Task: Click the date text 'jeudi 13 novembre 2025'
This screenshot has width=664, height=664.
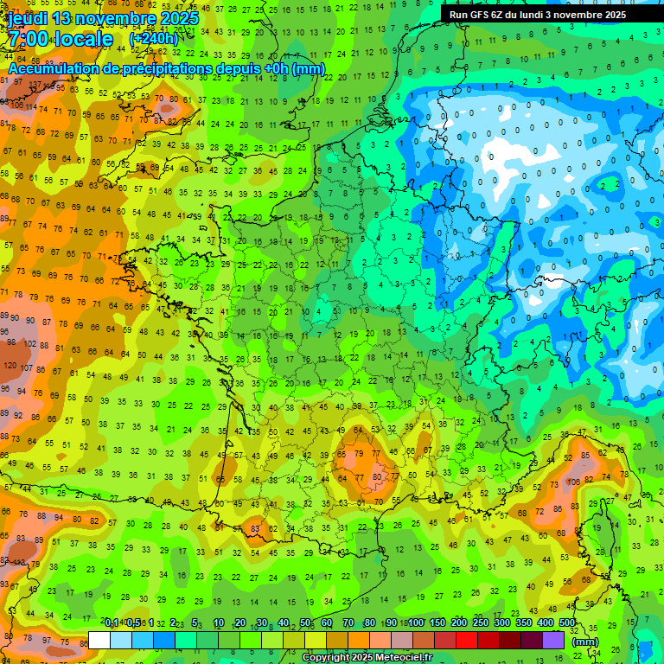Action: tap(104, 18)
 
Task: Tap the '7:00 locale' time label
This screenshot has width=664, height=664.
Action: tap(61, 40)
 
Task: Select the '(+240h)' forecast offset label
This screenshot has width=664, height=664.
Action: tap(154, 40)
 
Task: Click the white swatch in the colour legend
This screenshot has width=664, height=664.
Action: tap(99, 640)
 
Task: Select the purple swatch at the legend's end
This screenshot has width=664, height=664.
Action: tap(553, 640)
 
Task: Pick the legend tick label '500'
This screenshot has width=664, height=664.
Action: tap(567, 622)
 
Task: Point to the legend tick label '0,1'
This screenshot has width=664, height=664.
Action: tap(112, 622)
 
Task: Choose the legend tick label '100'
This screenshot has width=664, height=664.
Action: tap(415, 622)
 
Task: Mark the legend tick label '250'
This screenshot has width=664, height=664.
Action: tap(480, 622)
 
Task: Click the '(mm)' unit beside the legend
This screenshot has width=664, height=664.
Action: tap(585, 642)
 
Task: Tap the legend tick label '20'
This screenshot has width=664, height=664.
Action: tap(240, 622)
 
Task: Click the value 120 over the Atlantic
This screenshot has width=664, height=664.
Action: tap(10, 364)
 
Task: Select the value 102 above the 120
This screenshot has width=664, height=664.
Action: tap(29, 343)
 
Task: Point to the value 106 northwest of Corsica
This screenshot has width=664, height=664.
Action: tap(573, 482)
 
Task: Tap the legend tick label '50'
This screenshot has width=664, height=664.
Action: tap(305, 622)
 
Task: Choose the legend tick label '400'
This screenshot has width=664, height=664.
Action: tap(545, 622)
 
